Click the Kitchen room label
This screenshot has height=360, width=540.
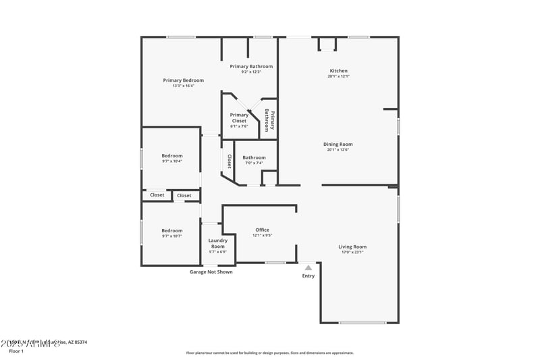[x=338, y=71]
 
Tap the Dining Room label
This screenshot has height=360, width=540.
[x=338, y=144]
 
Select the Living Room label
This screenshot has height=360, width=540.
[x=352, y=247]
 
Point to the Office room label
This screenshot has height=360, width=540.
[x=262, y=230]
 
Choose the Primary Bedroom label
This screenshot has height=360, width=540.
[x=183, y=80]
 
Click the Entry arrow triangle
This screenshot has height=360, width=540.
[x=308, y=267]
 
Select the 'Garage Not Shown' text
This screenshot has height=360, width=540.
[x=211, y=272]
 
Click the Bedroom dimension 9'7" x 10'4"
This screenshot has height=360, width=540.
[x=171, y=161]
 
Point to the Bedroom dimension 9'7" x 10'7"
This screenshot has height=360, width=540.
[x=171, y=236]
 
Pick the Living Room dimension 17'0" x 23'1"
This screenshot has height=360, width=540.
[x=352, y=252]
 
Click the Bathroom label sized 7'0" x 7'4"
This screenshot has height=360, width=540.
[x=254, y=157]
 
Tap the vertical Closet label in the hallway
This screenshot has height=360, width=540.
[x=230, y=161]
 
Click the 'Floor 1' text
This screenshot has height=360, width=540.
[x=16, y=351]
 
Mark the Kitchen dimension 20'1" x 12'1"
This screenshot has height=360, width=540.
[x=338, y=76]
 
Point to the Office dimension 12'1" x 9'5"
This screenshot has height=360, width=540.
[x=262, y=236]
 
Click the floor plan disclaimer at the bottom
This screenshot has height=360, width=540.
[x=269, y=353]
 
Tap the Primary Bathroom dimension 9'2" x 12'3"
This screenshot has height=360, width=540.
[x=251, y=72]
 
